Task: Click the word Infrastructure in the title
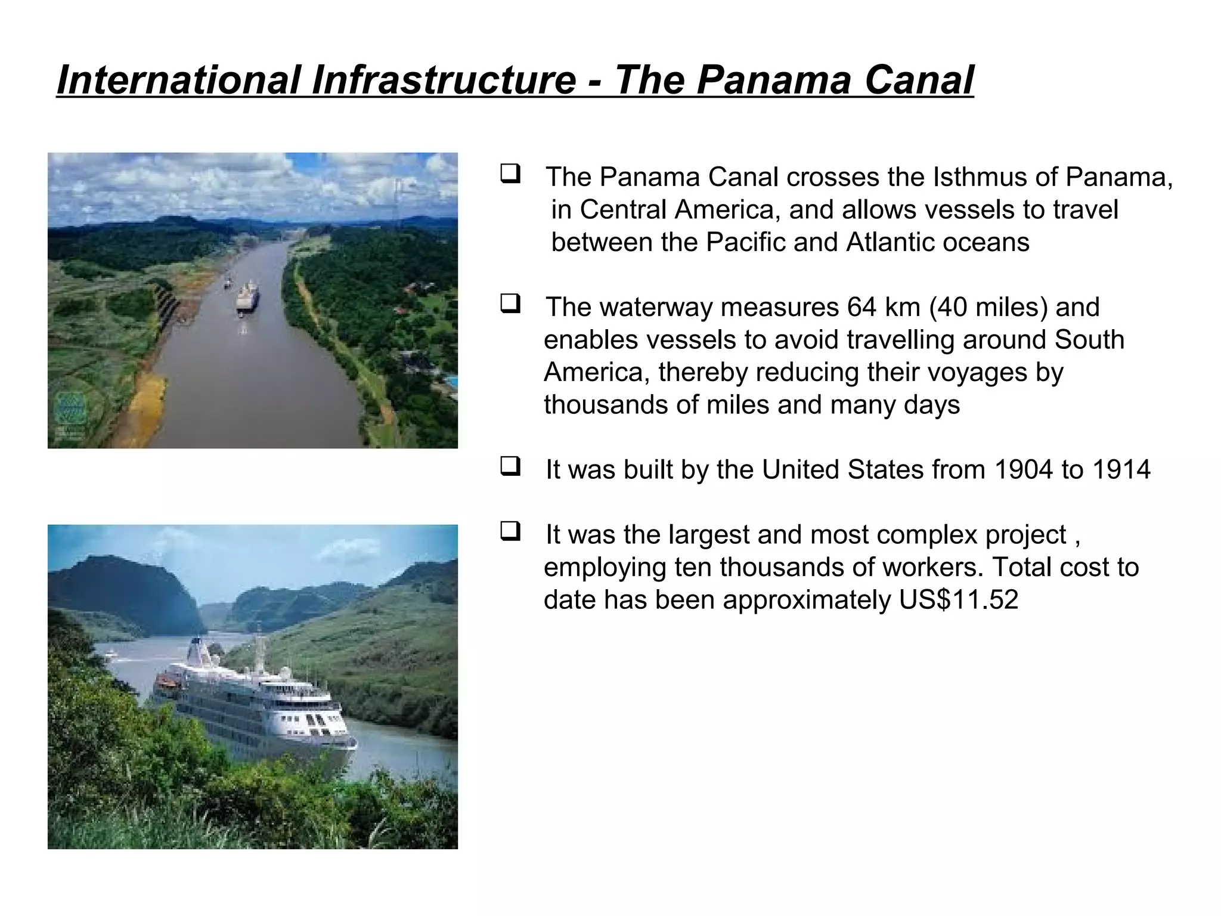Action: (x=443, y=81)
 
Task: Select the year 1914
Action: (x=1121, y=470)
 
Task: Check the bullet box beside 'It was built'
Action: (x=510, y=466)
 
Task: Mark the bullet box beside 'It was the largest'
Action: (x=510, y=531)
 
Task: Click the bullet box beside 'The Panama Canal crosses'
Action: (x=510, y=174)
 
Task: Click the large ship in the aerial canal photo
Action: (x=247, y=297)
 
